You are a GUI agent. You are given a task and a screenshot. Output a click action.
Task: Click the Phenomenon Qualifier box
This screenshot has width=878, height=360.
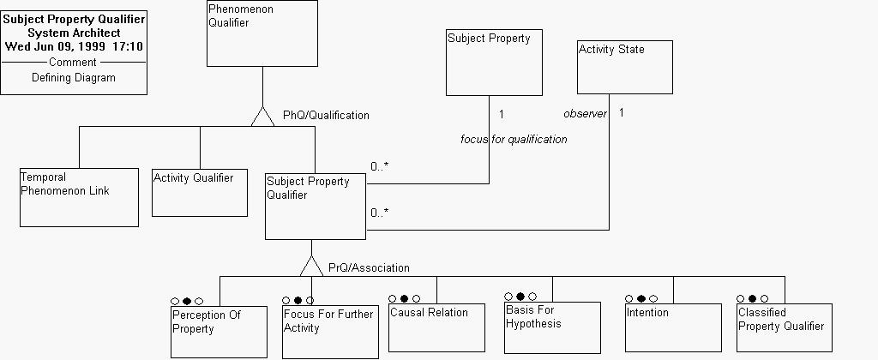click(x=262, y=33)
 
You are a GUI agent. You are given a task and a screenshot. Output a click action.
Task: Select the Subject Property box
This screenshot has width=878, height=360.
click(x=494, y=63)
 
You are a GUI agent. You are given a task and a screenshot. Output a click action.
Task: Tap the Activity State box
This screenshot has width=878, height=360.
click(x=624, y=66)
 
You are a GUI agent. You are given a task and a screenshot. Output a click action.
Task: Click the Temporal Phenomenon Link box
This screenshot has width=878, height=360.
click(x=79, y=197)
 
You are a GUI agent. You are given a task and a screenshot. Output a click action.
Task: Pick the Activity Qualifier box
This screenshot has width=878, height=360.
click(x=200, y=193)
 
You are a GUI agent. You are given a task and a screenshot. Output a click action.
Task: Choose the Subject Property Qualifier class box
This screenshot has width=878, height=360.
click(x=315, y=206)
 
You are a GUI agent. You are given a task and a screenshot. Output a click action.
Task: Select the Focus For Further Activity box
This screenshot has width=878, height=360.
click(x=330, y=332)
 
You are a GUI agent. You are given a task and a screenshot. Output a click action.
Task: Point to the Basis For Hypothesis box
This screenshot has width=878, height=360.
click(x=552, y=327)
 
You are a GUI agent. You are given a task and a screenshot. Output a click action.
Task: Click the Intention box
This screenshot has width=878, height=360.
click(x=673, y=327)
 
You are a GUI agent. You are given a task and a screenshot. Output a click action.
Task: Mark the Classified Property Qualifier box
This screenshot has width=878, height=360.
click(x=784, y=328)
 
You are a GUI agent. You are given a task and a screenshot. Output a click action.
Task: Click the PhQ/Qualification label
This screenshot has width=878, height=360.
click(x=326, y=115)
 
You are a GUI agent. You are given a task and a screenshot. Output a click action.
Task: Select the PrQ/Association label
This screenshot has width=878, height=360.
click(x=369, y=268)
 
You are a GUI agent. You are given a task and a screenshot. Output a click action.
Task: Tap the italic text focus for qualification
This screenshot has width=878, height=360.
click(x=514, y=139)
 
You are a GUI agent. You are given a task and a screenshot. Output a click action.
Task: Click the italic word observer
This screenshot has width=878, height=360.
click(x=585, y=114)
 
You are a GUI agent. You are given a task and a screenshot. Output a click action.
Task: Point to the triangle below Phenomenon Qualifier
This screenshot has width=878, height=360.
click(x=262, y=117)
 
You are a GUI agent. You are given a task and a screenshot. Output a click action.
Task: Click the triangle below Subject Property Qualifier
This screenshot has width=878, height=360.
click(x=311, y=267)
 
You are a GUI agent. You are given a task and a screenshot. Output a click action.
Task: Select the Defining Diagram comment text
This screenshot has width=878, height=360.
click(x=74, y=78)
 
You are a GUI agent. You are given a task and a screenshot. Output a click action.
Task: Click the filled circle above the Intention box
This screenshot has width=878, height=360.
click(x=640, y=299)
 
